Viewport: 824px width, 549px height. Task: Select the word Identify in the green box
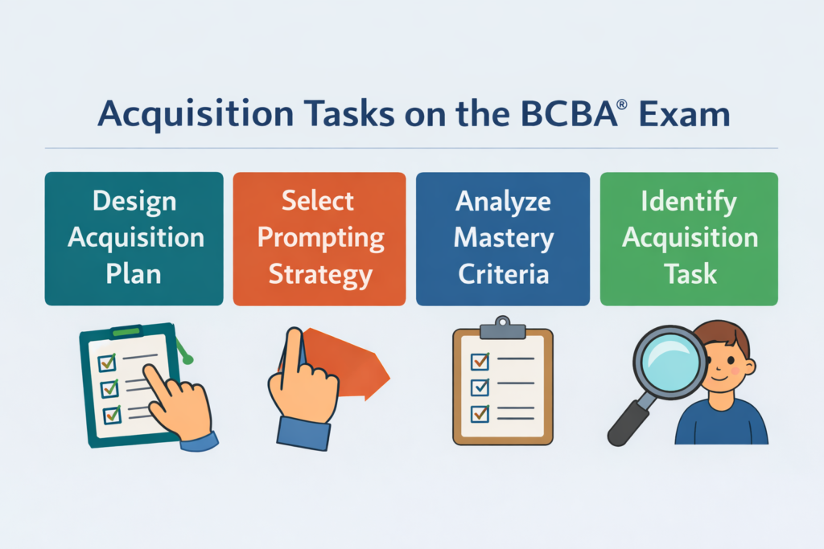[689, 201]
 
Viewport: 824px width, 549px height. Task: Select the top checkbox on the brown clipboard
[480, 358]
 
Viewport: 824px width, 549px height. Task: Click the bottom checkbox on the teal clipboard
[111, 415]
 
